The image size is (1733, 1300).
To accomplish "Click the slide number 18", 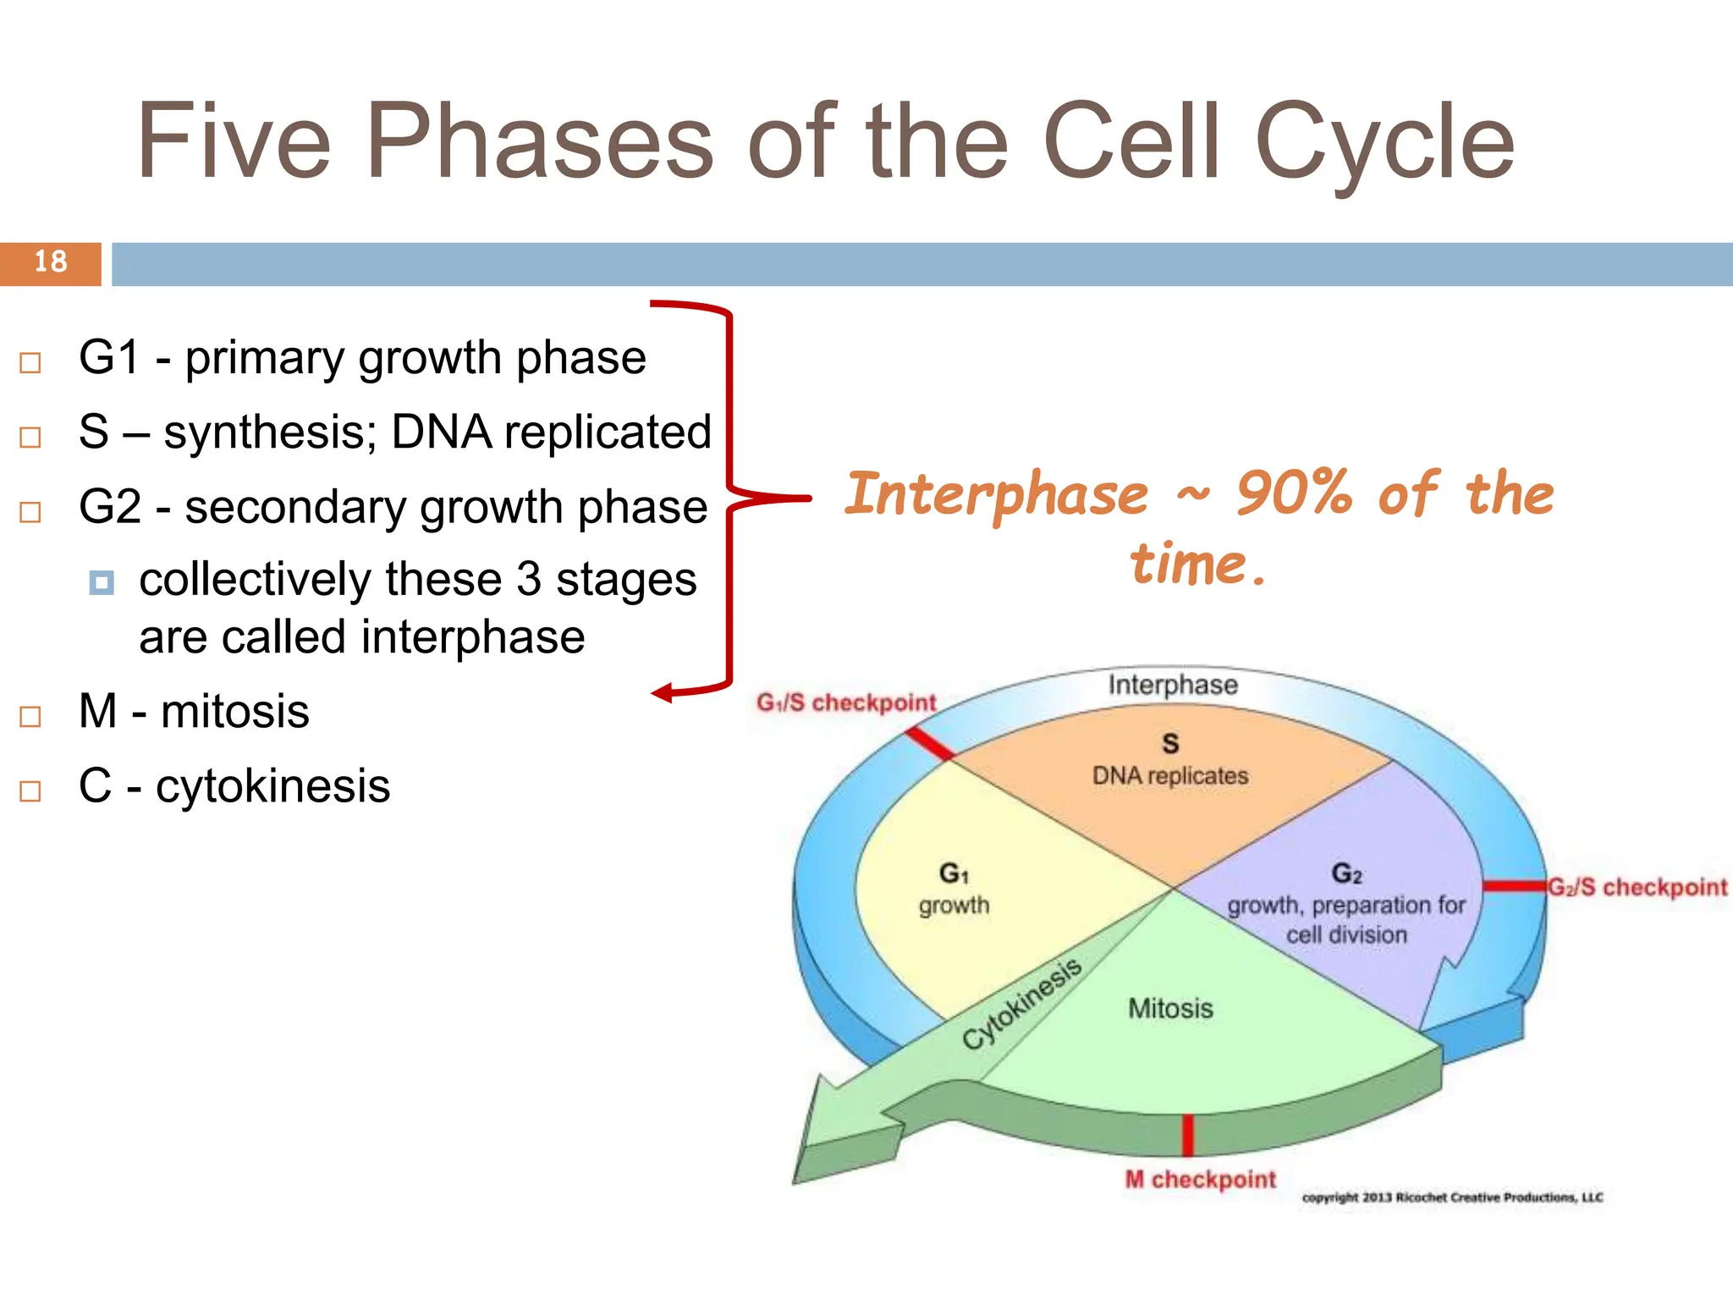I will (51, 262).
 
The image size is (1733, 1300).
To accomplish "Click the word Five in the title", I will (234, 142).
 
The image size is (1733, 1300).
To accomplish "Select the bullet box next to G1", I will (30, 363).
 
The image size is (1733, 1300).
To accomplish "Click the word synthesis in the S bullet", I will (269, 432).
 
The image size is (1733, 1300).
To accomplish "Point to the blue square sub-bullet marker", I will (102, 582).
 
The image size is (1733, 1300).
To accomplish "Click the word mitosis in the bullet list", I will (235, 711).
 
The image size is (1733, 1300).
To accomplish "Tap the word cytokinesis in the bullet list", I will (272, 785).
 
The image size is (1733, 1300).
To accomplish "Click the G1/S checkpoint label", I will (846, 702).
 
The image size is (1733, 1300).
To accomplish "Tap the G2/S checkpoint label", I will (1637, 887).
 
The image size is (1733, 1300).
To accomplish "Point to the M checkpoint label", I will (1200, 1179).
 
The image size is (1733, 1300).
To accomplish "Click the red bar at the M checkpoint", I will (1187, 1135).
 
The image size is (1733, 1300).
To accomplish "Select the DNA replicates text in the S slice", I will (1169, 775).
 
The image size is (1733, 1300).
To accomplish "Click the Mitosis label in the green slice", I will (1170, 1008).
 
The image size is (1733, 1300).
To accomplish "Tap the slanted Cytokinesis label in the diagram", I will (1021, 1004).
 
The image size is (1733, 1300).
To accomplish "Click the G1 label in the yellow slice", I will (954, 873).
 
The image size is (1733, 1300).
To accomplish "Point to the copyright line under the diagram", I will (1452, 1197).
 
